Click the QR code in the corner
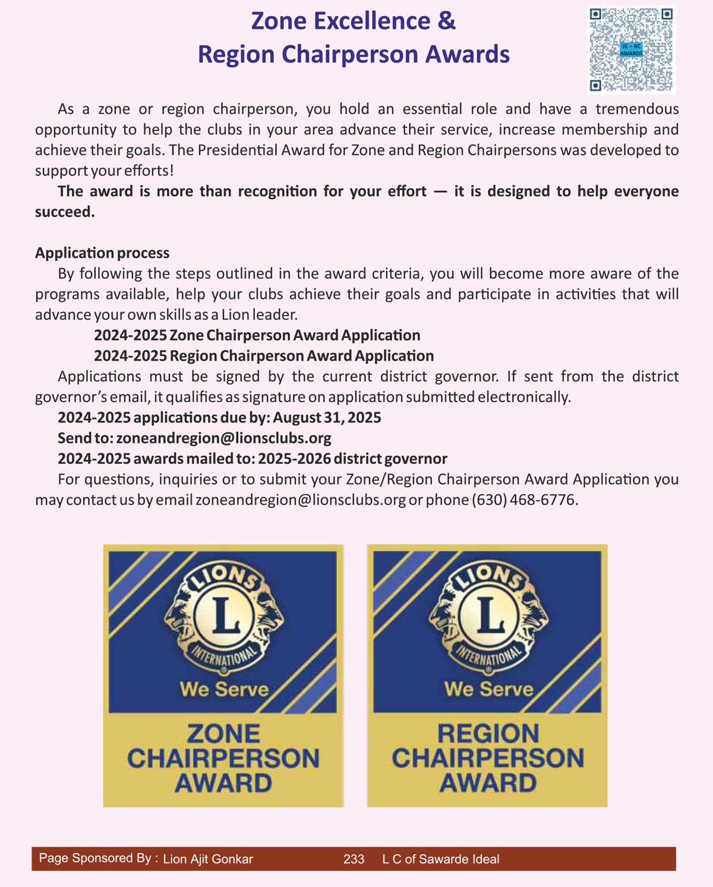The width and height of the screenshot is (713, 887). click(631, 49)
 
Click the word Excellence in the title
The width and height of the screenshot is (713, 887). click(371, 21)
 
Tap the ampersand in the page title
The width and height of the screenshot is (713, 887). click(447, 21)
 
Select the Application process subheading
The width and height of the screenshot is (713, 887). click(102, 253)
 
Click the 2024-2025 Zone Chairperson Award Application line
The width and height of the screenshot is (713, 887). click(257, 335)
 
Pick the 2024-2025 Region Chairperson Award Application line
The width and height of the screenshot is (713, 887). click(264, 356)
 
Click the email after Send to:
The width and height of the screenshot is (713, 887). click(224, 438)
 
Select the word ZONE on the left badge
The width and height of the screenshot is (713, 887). click(223, 734)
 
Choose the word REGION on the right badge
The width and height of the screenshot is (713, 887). click(488, 734)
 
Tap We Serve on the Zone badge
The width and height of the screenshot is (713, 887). click(224, 689)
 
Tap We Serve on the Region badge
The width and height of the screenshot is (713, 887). click(488, 689)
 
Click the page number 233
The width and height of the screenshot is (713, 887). click(354, 859)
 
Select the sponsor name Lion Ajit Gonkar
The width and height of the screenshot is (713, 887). click(208, 859)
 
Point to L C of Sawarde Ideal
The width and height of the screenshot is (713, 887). click(440, 859)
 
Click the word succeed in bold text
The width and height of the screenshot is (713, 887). click(64, 212)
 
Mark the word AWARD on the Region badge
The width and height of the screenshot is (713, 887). click(488, 783)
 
